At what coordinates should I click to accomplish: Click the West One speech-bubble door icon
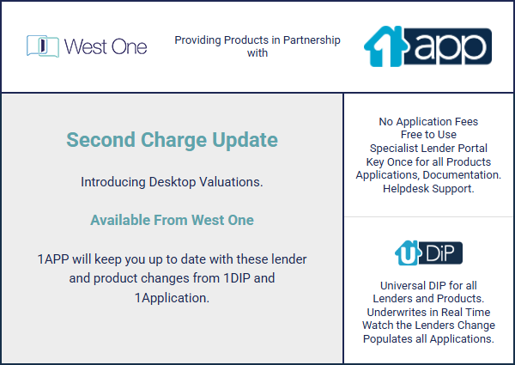pos(43,46)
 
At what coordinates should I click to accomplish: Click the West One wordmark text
pos(106,46)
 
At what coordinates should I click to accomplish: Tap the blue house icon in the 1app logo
pos(385,46)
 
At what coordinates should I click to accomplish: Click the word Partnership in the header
pos(312,40)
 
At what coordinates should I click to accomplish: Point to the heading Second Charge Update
pos(173,140)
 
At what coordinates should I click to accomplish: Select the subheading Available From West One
pos(173,220)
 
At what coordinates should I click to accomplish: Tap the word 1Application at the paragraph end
pos(172,298)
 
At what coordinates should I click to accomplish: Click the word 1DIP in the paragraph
pos(237,278)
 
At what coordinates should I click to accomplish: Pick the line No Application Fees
pos(428,122)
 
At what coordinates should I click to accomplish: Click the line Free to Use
pos(428,134)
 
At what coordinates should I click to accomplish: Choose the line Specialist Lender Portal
pos(428,149)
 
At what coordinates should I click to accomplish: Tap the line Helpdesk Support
pos(428,189)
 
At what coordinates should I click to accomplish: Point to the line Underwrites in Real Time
pos(428,312)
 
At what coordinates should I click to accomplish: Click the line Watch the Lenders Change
pos(428,325)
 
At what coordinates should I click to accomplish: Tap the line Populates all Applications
pos(428,338)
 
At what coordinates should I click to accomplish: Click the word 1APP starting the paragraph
pos(53,259)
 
